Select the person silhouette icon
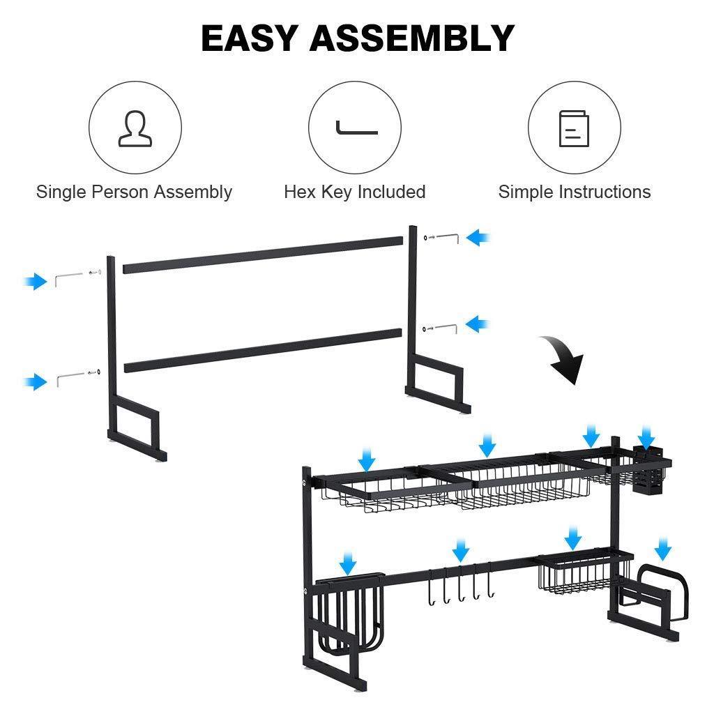(x=135, y=128)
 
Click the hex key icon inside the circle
(x=356, y=128)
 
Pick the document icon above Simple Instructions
(x=574, y=128)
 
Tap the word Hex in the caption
(x=300, y=192)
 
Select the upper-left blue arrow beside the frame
(x=36, y=282)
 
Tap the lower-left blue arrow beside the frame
(x=36, y=381)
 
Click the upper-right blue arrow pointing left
(x=478, y=237)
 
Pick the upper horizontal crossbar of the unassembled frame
(x=263, y=255)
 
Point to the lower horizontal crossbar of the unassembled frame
(x=263, y=350)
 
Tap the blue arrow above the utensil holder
(x=646, y=437)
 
